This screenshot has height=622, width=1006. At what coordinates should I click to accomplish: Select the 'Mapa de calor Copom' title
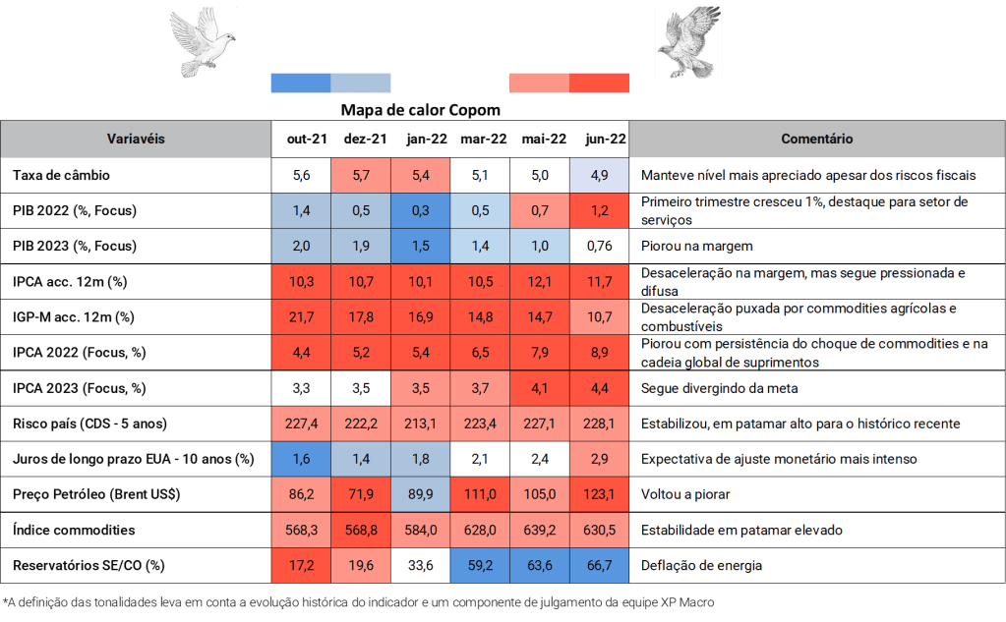421,110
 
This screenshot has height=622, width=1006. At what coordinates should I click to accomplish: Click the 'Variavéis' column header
136,140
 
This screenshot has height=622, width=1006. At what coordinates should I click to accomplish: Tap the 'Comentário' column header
816,140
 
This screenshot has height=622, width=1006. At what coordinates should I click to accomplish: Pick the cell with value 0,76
599,246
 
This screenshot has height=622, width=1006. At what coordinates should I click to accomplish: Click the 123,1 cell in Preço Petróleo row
599,494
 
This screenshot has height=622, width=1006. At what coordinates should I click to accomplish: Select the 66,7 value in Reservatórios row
599,565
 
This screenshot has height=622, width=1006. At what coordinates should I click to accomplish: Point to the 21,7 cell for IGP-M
302,316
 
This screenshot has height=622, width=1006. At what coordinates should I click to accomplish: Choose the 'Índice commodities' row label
74,530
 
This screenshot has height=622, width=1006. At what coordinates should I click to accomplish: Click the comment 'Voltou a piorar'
685,494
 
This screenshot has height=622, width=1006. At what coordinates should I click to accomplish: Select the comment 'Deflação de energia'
701,565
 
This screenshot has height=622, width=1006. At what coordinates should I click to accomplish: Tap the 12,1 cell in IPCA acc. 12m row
540,281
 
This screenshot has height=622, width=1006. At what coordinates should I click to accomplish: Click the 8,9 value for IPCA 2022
599,352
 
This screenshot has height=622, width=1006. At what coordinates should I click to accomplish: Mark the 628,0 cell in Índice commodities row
481,530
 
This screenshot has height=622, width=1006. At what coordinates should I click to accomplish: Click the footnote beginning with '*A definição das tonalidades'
364,600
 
